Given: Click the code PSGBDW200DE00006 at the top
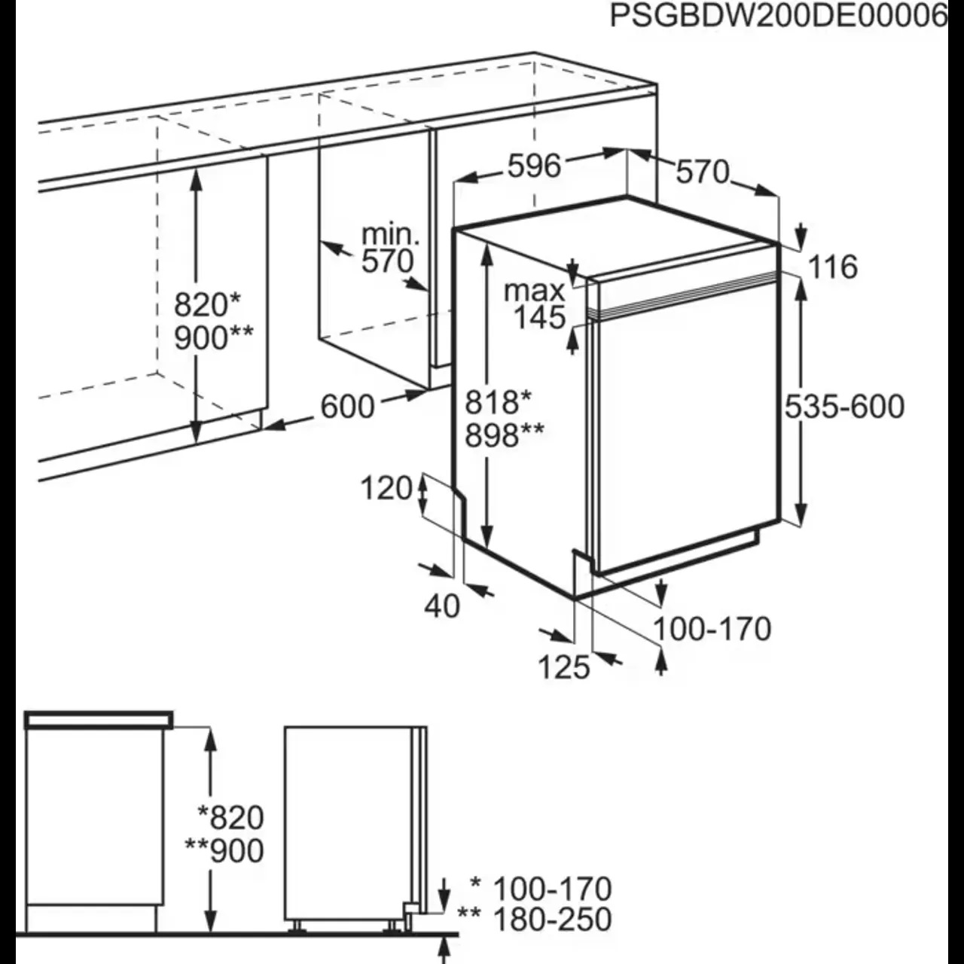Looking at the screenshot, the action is (x=779, y=17).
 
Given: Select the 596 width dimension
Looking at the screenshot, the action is (x=534, y=166).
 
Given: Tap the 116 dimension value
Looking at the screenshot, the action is (x=833, y=267).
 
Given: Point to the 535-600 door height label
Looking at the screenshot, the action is (x=844, y=406).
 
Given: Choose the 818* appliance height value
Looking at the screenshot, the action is (x=498, y=402).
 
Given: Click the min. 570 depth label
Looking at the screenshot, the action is (x=388, y=248).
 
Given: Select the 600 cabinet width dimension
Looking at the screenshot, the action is (x=347, y=407).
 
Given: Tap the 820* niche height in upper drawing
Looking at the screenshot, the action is (x=207, y=305).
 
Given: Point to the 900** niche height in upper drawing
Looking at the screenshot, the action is (x=214, y=337).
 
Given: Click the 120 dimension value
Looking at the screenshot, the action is (x=386, y=488).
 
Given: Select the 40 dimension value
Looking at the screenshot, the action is (x=442, y=607).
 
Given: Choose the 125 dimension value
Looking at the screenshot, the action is (x=564, y=667).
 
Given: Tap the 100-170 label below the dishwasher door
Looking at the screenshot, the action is (x=712, y=629).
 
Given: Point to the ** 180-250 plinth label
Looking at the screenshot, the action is (x=534, y=919).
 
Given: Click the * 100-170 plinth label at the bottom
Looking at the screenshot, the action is (x=541, y=889).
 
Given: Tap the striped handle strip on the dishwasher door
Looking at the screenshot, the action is (x=684, y=297).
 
